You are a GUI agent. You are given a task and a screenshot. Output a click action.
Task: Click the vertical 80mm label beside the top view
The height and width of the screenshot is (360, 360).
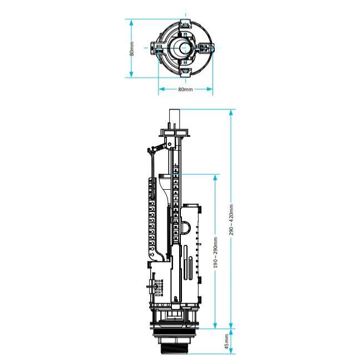132,48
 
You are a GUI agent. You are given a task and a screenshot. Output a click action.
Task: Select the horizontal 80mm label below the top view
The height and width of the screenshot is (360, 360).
185,90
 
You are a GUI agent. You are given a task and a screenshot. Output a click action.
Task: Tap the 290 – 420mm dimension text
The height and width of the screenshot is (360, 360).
231,219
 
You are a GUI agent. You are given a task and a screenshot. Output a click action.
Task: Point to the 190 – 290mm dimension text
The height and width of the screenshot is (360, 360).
215,253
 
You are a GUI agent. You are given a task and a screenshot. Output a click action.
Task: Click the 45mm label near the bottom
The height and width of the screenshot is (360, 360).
226,342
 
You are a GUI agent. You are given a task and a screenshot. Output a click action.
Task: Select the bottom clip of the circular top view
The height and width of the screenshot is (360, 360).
185,72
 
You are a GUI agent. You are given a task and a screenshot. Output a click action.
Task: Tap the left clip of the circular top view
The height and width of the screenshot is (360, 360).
155,48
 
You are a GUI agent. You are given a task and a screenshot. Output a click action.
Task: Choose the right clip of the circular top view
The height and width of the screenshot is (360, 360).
206,48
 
